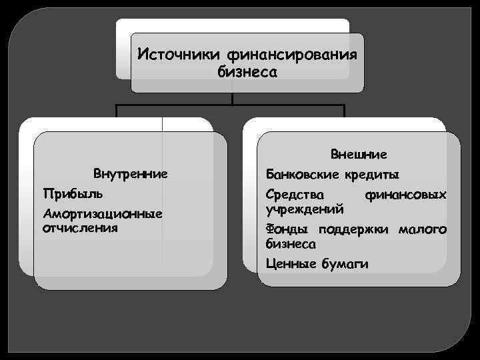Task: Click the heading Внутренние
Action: (x=130, y=175)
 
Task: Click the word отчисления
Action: (x=80, y=227)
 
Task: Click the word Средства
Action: (x=295, y=195)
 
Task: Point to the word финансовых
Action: (x=405, y=195)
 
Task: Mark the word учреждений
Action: (x=305, y=209)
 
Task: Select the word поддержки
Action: (x=353, y=230)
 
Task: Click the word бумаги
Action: (x=345, y=264)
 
